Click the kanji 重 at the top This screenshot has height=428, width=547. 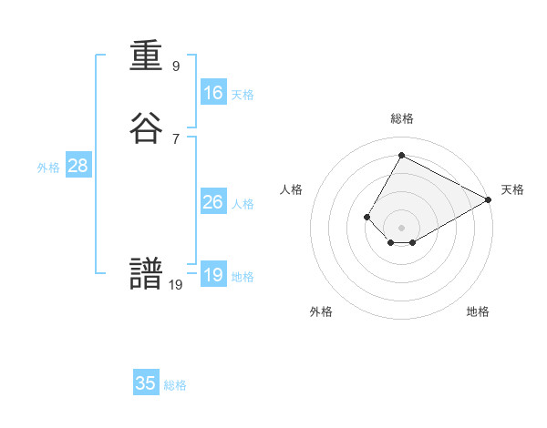point(147,57)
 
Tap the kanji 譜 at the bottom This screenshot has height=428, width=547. point(147,276)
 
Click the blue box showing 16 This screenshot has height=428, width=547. point(213,93)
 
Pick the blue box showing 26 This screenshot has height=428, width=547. point(213,202)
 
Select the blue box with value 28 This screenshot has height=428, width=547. point(77,166)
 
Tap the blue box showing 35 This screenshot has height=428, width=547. point(146,383)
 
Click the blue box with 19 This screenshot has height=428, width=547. point(213,275)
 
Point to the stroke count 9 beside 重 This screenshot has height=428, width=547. point(176,66)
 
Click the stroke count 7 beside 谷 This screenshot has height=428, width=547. point(176,138)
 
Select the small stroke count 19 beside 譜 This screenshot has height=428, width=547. point(176,284)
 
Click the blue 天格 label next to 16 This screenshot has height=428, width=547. point(243,95)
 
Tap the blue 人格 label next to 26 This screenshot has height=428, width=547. point(243,204)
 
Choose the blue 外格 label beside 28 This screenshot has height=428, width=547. point(48,168)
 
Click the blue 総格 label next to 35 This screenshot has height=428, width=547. point(175,385)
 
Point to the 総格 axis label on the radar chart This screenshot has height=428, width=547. point(402,118)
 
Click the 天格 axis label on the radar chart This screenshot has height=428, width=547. point(512,189)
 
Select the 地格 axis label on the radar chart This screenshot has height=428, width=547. point(478,311)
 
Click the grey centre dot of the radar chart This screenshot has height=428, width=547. point(401,227)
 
